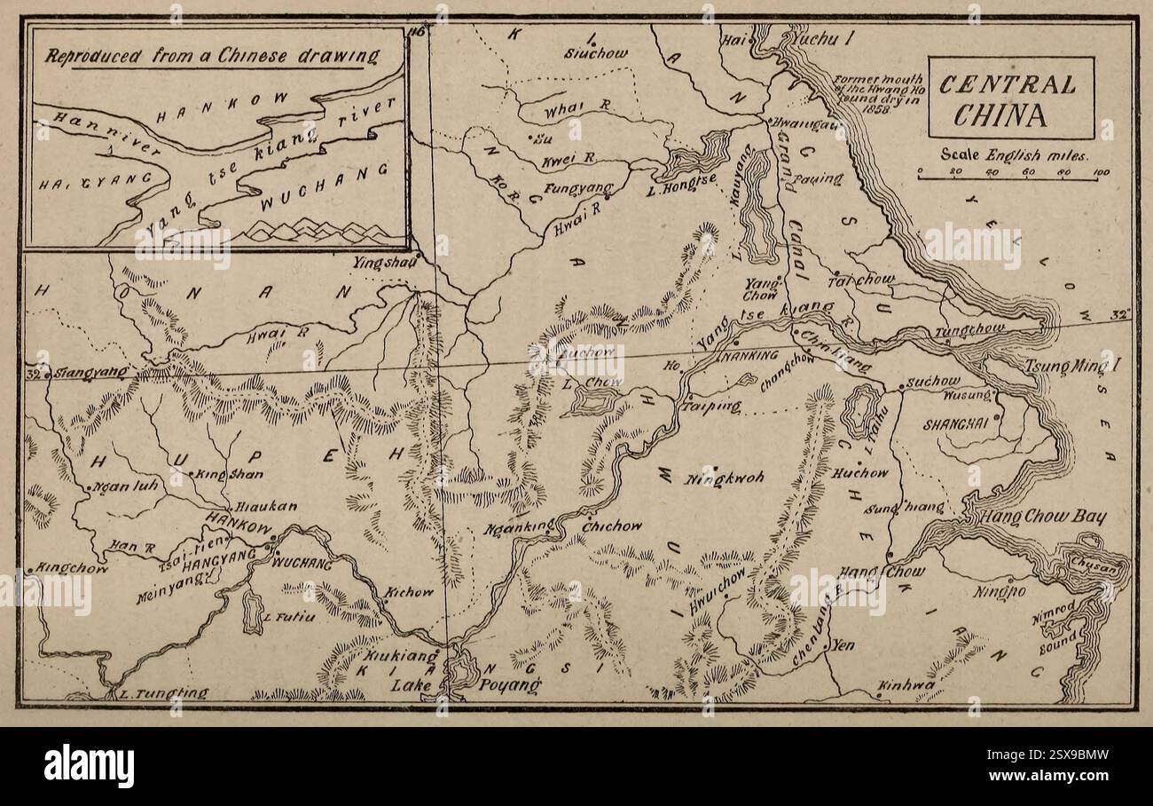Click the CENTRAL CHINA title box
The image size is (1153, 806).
pyautogui.click(x=1010, y=98)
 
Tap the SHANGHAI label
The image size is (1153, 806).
pyautogui.click(x=955, y=424)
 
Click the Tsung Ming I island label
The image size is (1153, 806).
pyautogui.click(x=1071, y=367)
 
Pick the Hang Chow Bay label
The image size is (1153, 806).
pyautogui.click(x=1042, y=517)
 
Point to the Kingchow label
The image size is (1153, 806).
pyautogui.click(x=71, y=567)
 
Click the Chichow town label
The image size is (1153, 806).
pyautogui.click(x=612, y=526)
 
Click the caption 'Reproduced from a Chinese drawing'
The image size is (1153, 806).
pyautogui.click(x=212, y=57)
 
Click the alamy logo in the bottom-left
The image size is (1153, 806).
pyautogui.click(x=89, y=765)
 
